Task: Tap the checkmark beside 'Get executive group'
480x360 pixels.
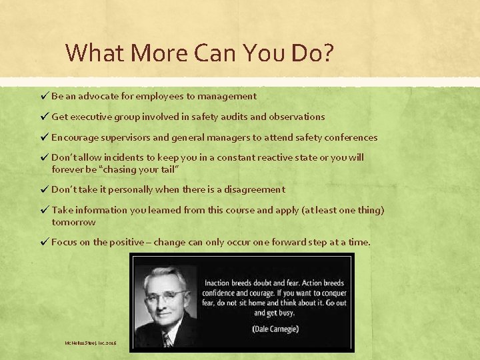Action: pyautogui.click(x=44, y=117)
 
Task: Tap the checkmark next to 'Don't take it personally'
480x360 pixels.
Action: pyautogui.click(x=44, y=189)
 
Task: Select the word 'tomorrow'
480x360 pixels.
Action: pyautogui.click(x=73, y=221)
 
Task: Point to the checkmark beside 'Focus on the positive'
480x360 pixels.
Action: pyautogui.click(x=44, y=242)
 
